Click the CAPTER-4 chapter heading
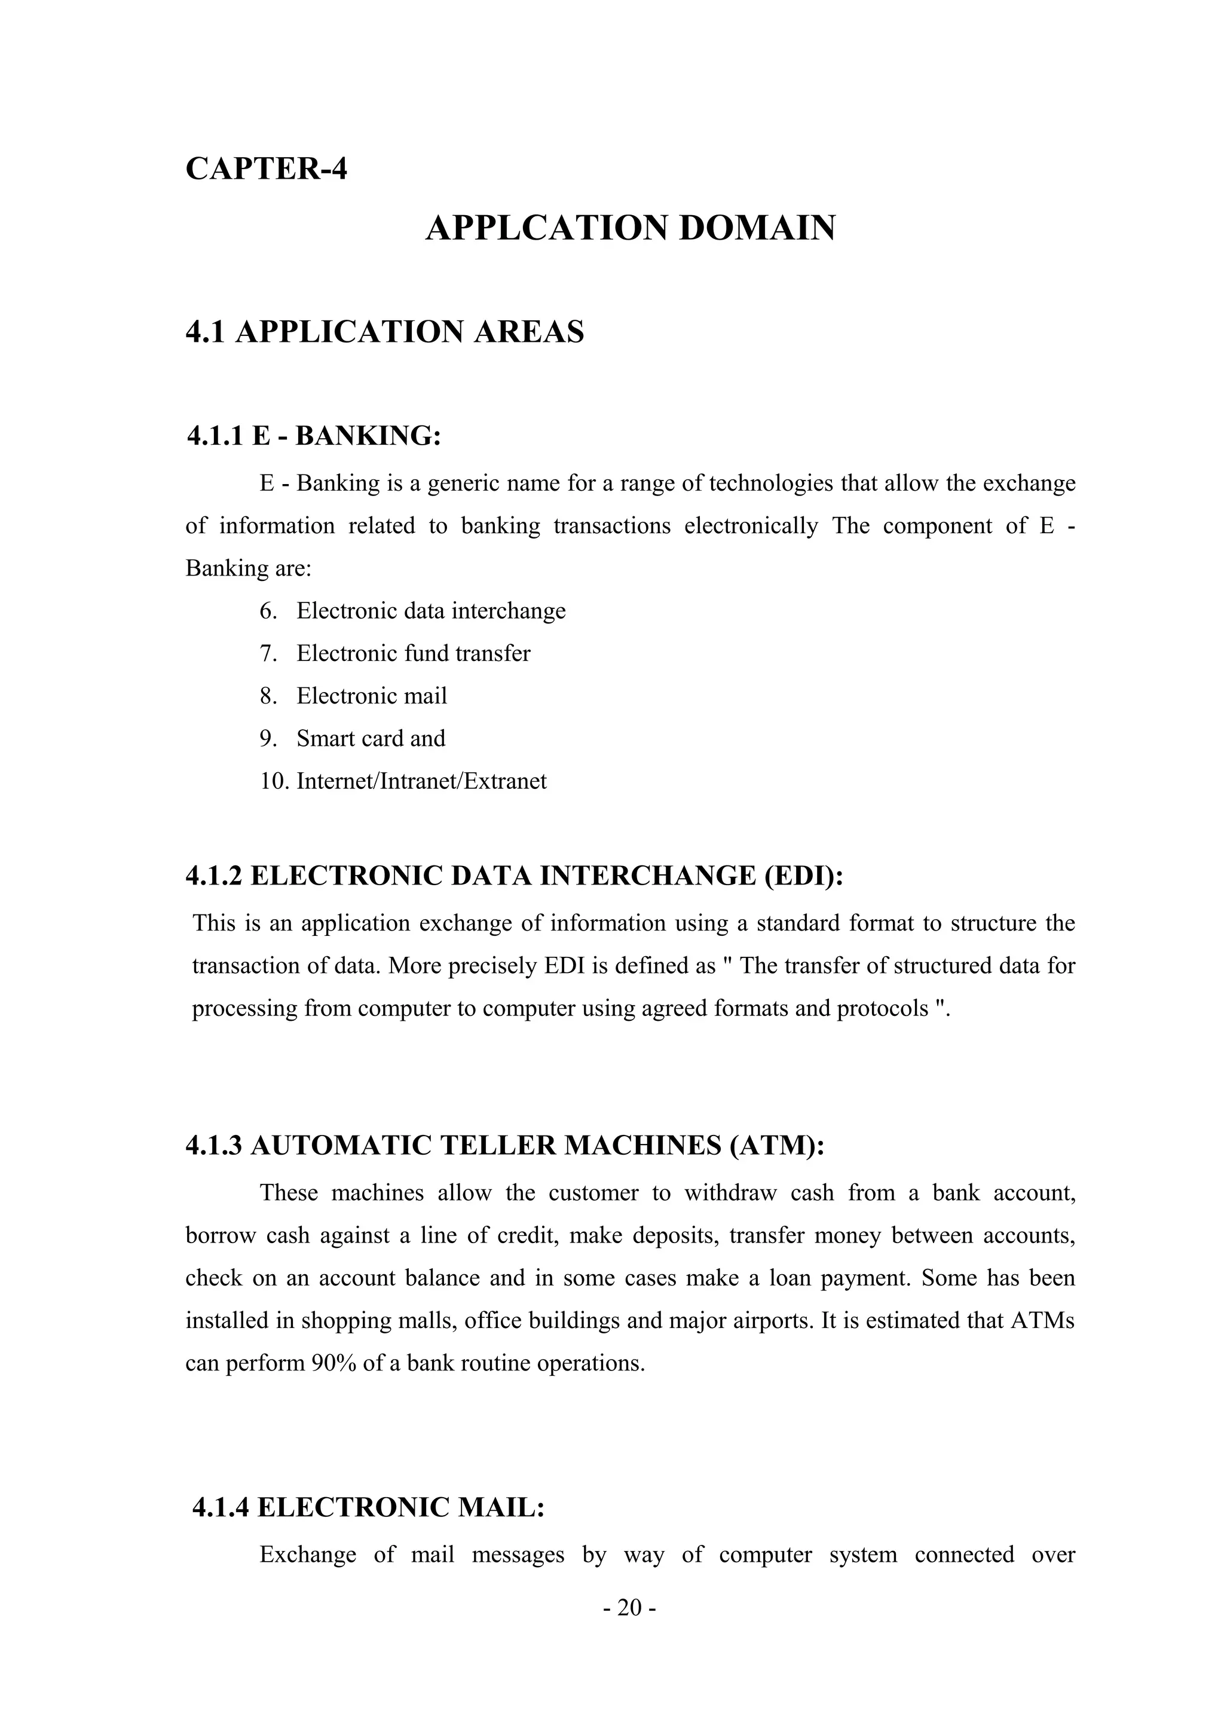pos(266,167)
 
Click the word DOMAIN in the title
pos(757,228)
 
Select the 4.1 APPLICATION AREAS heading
pos(385,332)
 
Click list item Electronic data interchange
pos(431,610)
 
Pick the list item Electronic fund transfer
pos(413,653)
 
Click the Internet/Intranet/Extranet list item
pos(421,781)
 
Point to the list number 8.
pos(268,696)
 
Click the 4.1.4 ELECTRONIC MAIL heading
pos(368,1507)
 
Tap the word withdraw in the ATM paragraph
pos(730,1193)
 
